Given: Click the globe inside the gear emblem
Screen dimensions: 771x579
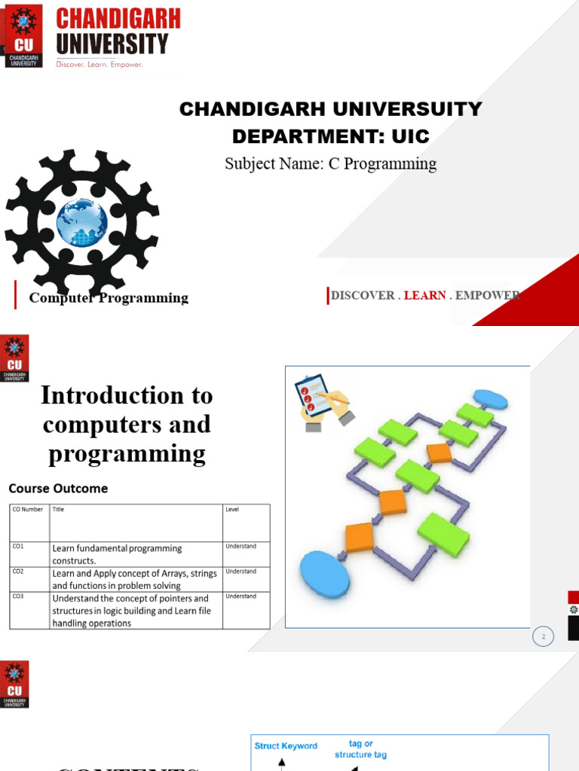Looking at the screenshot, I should coord(81,221).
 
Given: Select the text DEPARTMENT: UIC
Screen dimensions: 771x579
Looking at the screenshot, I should coord(330,136).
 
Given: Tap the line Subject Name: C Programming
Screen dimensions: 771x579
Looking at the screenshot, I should coord(330,163).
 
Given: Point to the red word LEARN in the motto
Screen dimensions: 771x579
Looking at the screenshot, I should coord(424,295).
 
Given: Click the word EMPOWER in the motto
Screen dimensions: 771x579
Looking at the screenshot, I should coord(488,295).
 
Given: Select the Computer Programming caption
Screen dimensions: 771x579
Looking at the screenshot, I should coord(109,298).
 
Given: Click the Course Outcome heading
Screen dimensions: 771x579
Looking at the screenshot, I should coord(58,488).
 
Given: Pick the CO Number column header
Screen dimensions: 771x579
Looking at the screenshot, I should coord(27,510).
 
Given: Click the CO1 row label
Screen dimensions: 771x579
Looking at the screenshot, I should coord(18,546).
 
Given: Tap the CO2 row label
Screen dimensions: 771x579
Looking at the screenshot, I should coord(18,571).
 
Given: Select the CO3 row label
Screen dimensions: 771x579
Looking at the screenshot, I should coord(18,596).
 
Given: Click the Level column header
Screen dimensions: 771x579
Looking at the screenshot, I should coord(233,510).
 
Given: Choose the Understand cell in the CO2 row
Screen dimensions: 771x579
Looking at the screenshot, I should coord(240,571).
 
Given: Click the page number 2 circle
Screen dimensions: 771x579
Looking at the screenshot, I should coord(543,637).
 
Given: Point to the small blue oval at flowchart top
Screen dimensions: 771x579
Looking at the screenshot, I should coord(490,399).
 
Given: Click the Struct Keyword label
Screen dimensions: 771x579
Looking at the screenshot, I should coord(286,746).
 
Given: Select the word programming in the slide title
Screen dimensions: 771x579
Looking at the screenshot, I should coord(127,454).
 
